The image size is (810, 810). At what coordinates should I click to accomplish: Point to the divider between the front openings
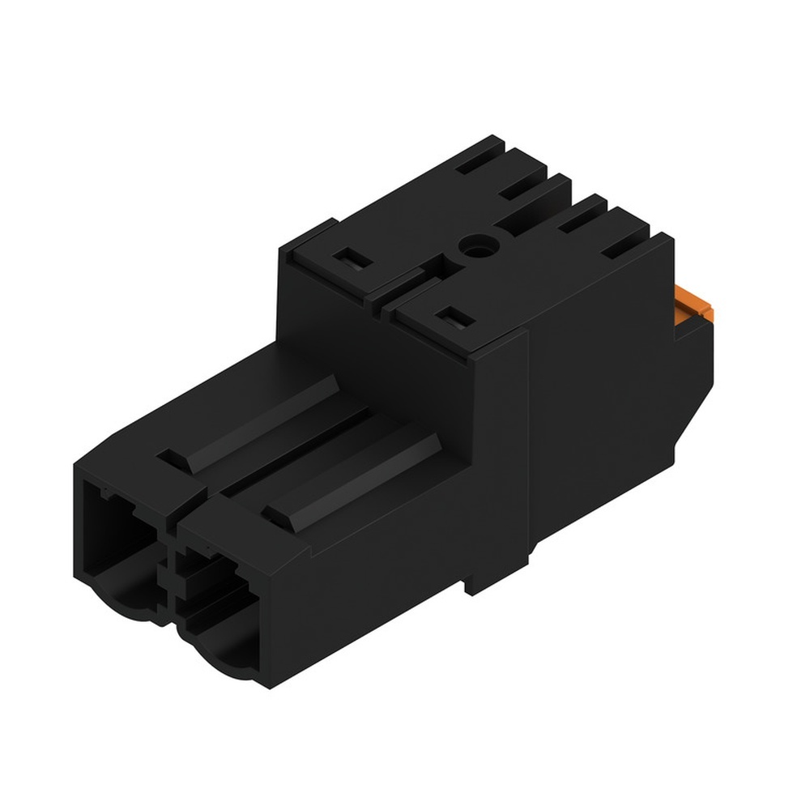click(170, 567)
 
